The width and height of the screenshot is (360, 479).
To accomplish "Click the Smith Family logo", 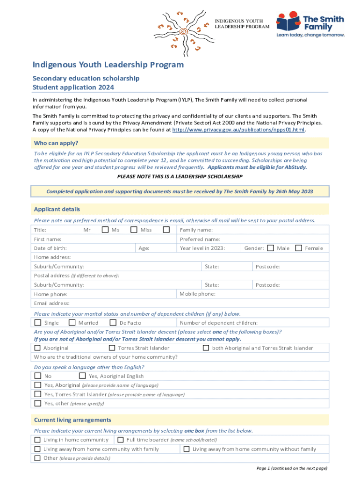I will pos(310,25).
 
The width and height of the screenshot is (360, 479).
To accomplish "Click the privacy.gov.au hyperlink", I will pos(238,130).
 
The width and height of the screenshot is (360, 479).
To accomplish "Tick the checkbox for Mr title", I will pos(105,230).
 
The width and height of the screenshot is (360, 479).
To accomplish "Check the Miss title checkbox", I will pos(166,230).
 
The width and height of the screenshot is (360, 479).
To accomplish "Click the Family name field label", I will pos(196,230).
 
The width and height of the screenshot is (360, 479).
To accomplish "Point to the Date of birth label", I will pos(50,248).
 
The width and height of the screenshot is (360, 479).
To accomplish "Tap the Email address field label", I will pos(51,303).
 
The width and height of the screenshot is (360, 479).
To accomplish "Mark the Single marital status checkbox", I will pos(38,323).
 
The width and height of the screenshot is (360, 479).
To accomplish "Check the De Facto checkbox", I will pos(113,323).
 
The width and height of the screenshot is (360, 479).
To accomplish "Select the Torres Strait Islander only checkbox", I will pos(112,348).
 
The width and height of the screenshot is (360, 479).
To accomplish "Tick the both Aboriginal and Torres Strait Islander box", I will pos(206,348).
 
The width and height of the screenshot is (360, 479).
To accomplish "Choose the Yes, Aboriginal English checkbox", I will pos(83,376).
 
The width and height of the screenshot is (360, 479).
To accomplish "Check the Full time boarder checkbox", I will pos(120,440).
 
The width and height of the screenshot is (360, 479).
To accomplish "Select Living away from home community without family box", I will pos(186,449).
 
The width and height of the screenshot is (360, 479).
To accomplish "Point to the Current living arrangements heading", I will pos(72,420).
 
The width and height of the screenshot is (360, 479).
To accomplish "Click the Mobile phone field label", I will pos(198,294).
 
